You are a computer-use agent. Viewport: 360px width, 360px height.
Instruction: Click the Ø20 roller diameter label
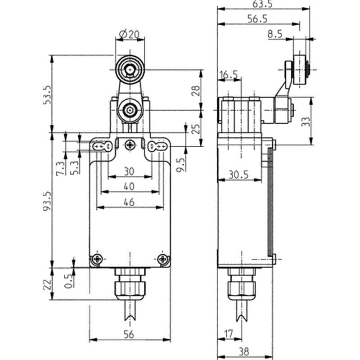tap(130, 35)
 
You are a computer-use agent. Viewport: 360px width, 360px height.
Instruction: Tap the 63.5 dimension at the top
tap(262, 4)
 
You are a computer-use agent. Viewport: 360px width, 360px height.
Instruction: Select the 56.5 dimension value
tap(257, 19)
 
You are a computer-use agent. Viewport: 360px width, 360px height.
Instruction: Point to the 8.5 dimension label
tap(275, 34)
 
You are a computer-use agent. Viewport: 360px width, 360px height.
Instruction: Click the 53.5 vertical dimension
tap(47, 95)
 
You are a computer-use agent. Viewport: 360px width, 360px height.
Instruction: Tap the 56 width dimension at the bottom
tap(129, 334)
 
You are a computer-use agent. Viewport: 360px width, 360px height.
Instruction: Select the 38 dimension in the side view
tap(243, 351)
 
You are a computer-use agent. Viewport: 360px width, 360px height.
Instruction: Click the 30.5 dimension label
tap(238, 175)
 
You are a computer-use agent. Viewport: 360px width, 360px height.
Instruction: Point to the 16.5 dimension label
tap(229, 75)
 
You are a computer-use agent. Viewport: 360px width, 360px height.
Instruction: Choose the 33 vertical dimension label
tap(306, 121)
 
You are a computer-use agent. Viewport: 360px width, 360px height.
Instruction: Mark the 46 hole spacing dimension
tap(129, 202)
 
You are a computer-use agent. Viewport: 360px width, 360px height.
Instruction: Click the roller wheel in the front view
tap(130, 69)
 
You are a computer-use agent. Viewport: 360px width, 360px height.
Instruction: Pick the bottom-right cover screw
tap(163, 259)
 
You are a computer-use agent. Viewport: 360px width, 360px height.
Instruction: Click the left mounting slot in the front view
tap(103, 146)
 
